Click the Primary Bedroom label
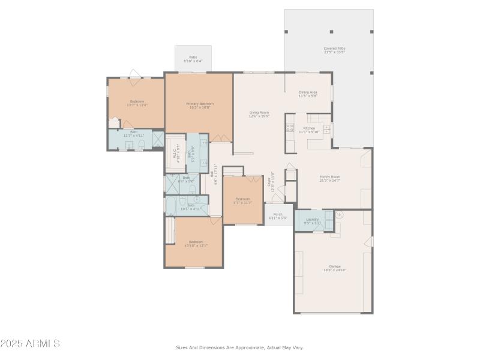pyautogui.click(x=199, y=106)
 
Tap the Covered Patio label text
pyautogui.click(x=334, y=50)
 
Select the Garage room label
pyautogui.click(x=334, y=268)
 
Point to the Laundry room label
pyautogui.click(x=313, y=221)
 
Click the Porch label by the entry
pyautogui.click(x=278, y=216)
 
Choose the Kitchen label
pyautogui.click(x=309, y=130)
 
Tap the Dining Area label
pyautogui.click(x=308, y=94)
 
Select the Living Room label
pyautogui.click(x=259, y=114)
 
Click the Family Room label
pyautogui.click(x=329, y=178)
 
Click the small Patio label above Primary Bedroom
pyautogui.click(x=193, y=59)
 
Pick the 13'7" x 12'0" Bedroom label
pyautogui.click(x=137, y=103)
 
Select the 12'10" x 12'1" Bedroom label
pyautogui.click(x=195, y=244)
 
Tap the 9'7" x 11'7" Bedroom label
pyautogui.click(x=242, y=200)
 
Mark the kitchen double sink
pyautogui.click(x=326, y=128)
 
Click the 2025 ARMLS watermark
pyautogui.click(x=30, y=344)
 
